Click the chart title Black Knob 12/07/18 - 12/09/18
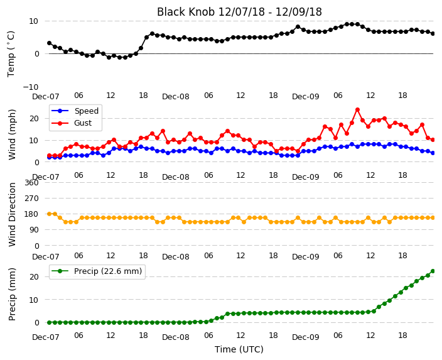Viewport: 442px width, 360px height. [x=239, y=12]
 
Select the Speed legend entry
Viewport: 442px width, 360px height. [x=75, y=111]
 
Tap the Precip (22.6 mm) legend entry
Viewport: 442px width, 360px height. [x=97, y=271]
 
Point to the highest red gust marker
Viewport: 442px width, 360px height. [x=357, y=110]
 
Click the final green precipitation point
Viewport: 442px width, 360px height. [x=433, y=271]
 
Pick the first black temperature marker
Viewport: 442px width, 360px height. [x=50, y=43]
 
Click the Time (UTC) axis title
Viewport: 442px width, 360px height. [x=239, y=349]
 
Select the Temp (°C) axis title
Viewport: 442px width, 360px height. [x=11, y=54]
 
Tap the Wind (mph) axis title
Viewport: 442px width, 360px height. [x=11, y=134]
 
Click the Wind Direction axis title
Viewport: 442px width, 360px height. [x=11, y=214]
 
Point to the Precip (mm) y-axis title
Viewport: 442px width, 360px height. [x=11, y=294]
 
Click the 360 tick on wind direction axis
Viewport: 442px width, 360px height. [x=31, y=183]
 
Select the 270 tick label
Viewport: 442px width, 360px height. [x=31, y=199]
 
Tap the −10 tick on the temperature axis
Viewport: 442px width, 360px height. [x=30, y=87]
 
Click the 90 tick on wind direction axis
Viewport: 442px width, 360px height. [x=34, y=230]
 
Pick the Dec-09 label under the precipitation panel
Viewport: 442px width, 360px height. [x=306, y=337]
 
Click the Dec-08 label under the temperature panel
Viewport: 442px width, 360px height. [x=176, y=97]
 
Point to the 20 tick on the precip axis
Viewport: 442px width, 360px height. [x=34, y=277]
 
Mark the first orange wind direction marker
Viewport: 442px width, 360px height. [x=50, y=214]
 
